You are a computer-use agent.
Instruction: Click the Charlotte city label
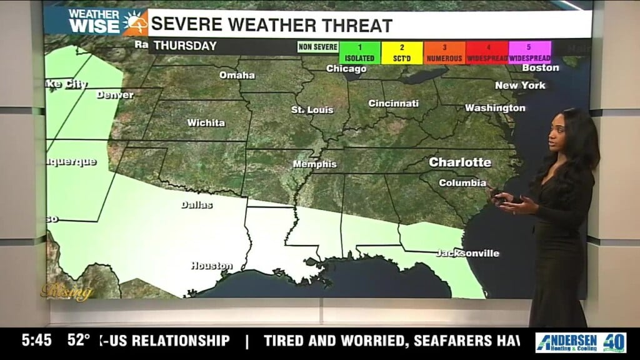coord(460,162)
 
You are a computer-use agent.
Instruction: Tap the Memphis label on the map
coord(315,164)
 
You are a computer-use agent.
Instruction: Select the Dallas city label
coord(197,204)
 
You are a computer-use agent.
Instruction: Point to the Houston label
coord(211,266)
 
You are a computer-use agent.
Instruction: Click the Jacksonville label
coord(467,253)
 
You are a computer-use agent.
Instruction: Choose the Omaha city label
coord(237,75)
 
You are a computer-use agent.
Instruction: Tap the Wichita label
coord(206,122)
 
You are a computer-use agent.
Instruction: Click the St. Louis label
coord(312,110)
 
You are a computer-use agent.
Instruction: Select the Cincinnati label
coord(393,103)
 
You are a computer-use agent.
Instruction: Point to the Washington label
coord(495,107)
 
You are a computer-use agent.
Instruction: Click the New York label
coord(520,85)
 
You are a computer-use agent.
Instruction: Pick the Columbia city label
coord(462,183)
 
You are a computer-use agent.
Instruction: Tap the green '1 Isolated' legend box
coord(360,52)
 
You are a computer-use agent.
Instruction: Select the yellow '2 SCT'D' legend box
coord(402,52)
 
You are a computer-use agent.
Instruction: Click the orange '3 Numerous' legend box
coord(444,52)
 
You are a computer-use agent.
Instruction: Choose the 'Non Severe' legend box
coord(317,47)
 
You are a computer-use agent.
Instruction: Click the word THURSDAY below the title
coord(185,46)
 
